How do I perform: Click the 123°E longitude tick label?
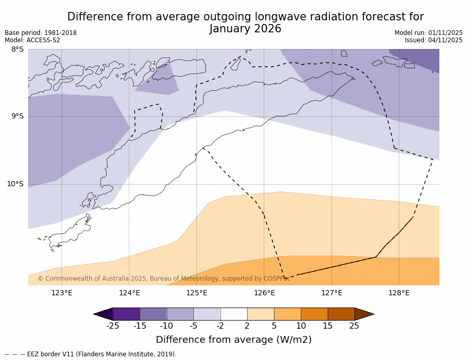point(62,293)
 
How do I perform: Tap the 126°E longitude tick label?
point(264,293)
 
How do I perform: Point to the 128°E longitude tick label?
point(399,293)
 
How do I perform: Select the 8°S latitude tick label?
point(17,50)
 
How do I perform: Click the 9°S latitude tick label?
point(17,116)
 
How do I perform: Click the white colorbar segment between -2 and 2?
point(233,314)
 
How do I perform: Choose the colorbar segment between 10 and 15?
point(314,314)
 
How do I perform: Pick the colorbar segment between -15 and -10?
point(153,314)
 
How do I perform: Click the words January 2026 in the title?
point(245,29)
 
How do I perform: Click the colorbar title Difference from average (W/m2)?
point(233,340)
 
